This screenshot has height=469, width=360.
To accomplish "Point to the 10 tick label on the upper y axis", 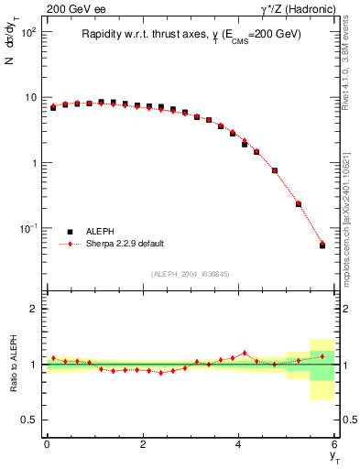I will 30,97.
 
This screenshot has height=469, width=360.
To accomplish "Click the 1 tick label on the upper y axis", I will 35,163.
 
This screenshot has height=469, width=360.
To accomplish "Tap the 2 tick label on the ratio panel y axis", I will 35,309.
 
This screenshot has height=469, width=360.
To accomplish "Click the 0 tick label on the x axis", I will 47,444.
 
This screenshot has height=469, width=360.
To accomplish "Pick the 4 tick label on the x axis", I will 238,444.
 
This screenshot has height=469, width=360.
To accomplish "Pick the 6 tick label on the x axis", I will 334,444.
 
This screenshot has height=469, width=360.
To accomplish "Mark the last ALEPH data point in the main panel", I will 322,245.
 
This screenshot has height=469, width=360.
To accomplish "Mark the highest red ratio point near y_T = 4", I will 245,353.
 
